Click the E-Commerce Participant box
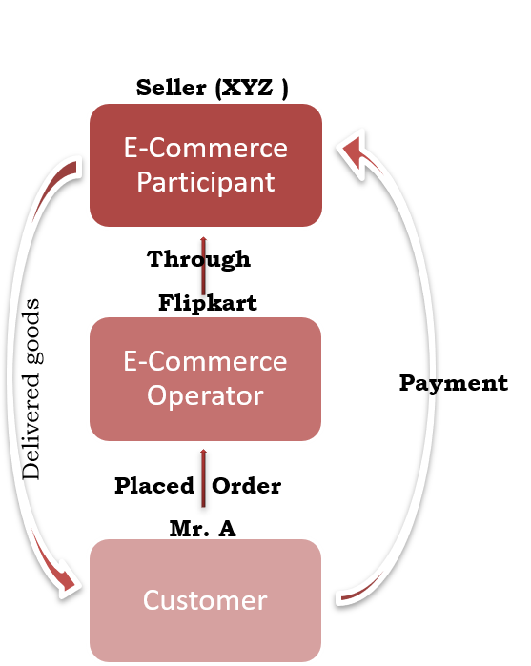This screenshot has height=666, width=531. coord(206,165)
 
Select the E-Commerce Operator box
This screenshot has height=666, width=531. coord(205,379)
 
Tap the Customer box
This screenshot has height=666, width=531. coord(205,600)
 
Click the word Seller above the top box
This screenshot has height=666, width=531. coord(172,88)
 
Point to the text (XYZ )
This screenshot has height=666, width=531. coord(252,89)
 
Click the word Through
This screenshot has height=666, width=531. coord(198,259)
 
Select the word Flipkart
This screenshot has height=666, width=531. coord(208,303)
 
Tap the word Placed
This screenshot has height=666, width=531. coord(154,486)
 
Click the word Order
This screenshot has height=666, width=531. coord(247,486)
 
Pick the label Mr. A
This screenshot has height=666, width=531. coord(203,529)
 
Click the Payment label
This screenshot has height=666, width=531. coord(454,383)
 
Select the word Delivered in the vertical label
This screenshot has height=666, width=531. coord(31,427)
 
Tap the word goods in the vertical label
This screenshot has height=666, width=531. coord(33,332)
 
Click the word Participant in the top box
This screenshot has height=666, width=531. coord(206,183)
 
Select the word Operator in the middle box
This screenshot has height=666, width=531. coord(205,395)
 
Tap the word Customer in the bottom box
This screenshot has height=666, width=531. coord(205,600)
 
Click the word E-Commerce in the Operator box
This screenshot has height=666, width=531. coord(205,361)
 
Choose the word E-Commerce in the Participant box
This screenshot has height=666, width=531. coord(206,148)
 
